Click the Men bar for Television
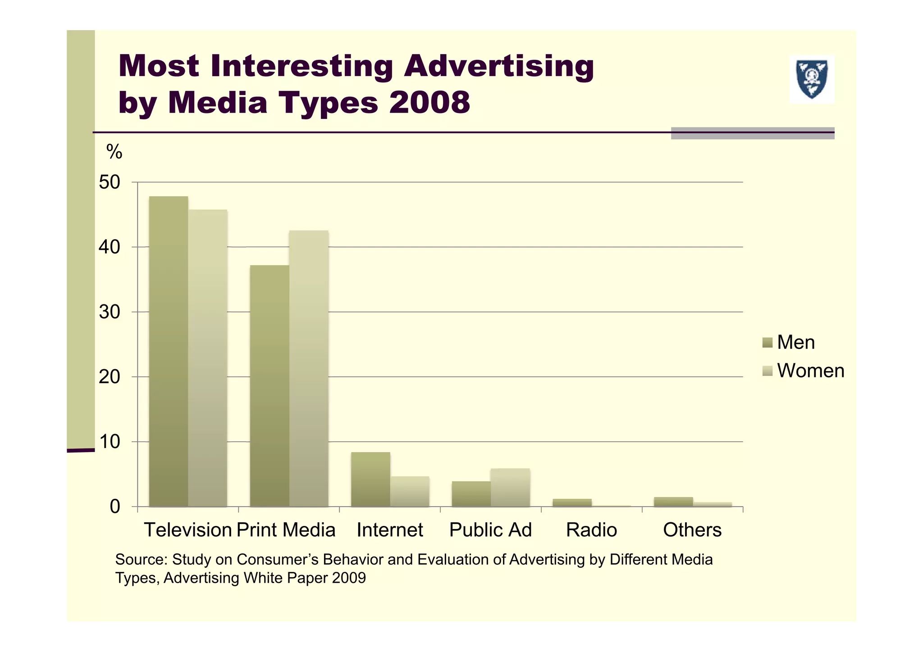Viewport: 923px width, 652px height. click(168, 351)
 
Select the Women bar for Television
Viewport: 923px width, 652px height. click(208, 358)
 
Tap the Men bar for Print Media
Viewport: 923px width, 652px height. click(269, 386)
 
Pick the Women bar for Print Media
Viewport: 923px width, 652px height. click(309, 368)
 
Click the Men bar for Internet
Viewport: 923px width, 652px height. click(370, 479)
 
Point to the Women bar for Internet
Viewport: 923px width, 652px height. click(410, 491)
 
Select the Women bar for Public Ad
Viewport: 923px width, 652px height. click(510, 487)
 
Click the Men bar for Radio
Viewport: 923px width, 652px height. click(572, 503)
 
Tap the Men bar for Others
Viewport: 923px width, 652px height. click(673, 502)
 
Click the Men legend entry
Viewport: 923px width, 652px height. click(789, 343)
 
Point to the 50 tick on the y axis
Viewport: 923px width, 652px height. click(110, 182)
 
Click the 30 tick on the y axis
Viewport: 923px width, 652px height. click(110, 312)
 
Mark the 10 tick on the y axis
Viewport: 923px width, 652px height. click(110, 442)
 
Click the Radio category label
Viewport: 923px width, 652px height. click(591, 530)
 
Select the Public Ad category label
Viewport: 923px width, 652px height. click(490, 530)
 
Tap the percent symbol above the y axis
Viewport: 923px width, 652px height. click(114, 152)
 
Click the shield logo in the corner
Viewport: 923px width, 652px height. click(812, 80)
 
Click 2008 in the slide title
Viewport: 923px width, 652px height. click(429, 102)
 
